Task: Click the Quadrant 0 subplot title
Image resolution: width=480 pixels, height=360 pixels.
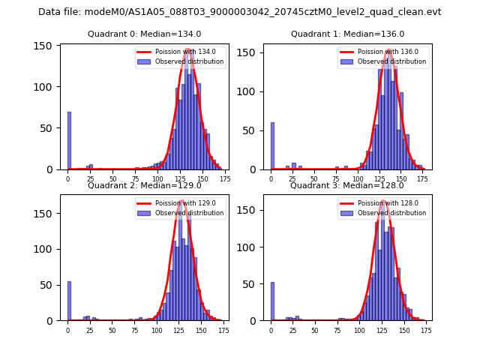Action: pyautogui.click(x=144, y=34)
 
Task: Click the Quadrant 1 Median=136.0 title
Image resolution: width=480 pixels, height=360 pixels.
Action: pyautogui.click(x=347, y=34)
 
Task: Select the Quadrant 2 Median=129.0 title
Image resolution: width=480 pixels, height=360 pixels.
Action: pyautogui.click(x=144, y=185)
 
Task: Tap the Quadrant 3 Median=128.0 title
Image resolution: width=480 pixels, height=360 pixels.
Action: pyautogui.click(x=347, y=185)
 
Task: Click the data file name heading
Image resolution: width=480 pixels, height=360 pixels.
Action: pyautogui.click(x=240, y=12)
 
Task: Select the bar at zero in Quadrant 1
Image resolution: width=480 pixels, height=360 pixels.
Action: pyautogui.click(x=272, y=146)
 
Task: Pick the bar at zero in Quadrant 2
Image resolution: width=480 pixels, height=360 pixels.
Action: pyautogui.click(x=69, y=301)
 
